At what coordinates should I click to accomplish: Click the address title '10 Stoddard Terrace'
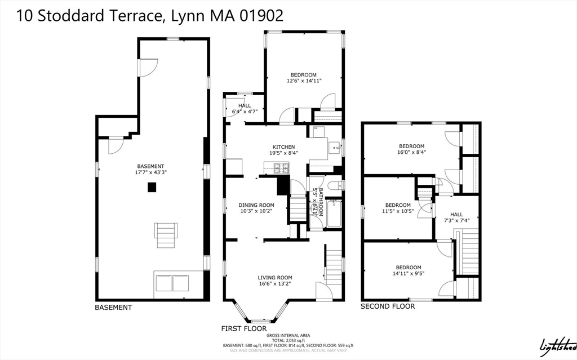click(90, 16)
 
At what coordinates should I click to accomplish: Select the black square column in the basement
click(152, 188)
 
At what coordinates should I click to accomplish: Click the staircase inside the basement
click(166, 235)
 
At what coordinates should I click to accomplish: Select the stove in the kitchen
click(281, 167)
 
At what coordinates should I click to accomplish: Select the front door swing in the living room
click(323, 291)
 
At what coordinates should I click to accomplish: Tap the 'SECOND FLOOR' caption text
click(388, 306)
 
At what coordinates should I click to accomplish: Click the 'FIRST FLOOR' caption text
click(244, 328)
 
